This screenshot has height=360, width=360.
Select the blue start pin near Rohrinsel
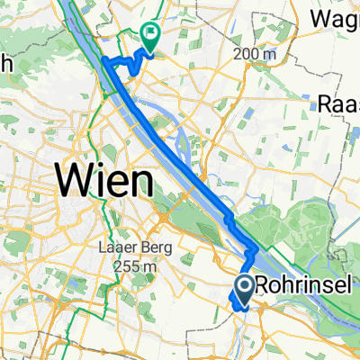[x=244, y=288]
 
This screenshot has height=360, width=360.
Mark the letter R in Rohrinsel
[x=263, y=285]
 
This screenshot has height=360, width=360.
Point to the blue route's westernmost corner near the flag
[x=102, y=60]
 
